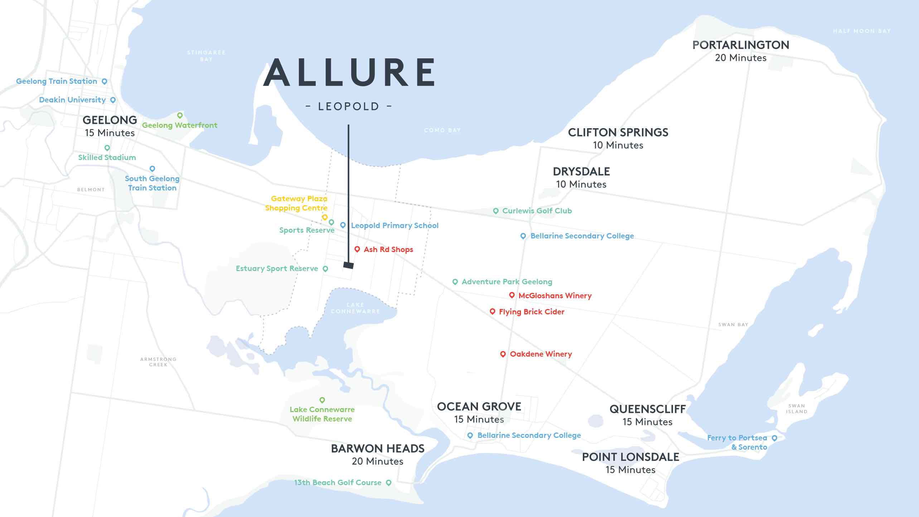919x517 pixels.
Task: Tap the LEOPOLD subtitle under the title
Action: click(x=349, y=106)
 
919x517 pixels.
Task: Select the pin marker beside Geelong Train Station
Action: click(x=105, y=81)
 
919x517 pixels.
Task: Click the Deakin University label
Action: click(x=72, y=100)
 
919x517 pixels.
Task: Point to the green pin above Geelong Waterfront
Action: click(x=180, y=115)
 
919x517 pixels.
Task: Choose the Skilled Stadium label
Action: click(x=107, y=158)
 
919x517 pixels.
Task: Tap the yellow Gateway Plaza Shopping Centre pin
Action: click(x=325, y=217)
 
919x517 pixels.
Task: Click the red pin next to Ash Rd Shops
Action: click(x=357, y=249)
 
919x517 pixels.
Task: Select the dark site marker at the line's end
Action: click(x=348, y=265)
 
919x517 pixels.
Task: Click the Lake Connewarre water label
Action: click(x=355, y=308)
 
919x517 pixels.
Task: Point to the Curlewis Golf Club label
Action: click(x=537, y=211)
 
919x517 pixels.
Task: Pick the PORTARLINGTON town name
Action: click(x=740, y=45)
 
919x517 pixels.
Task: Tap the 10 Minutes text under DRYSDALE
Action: click(x=581, y=184)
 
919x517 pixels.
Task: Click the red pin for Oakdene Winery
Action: click(x=503, y=354)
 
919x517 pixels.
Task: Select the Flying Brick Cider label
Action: click(x=531, y=312)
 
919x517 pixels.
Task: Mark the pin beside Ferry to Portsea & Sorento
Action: click(x=774, y=438)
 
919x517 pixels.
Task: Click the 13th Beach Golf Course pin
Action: click(x=388, y=483)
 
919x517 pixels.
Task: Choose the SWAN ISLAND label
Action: click(x=797, y=409)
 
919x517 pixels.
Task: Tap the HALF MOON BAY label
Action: click(x=862, y=31)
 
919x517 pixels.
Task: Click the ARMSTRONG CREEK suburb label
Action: click(x=158, y=362)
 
